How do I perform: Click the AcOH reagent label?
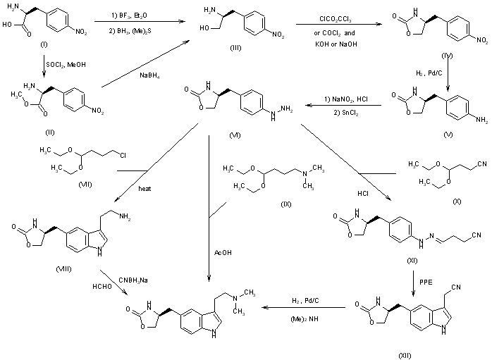click(x=223, y=250)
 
